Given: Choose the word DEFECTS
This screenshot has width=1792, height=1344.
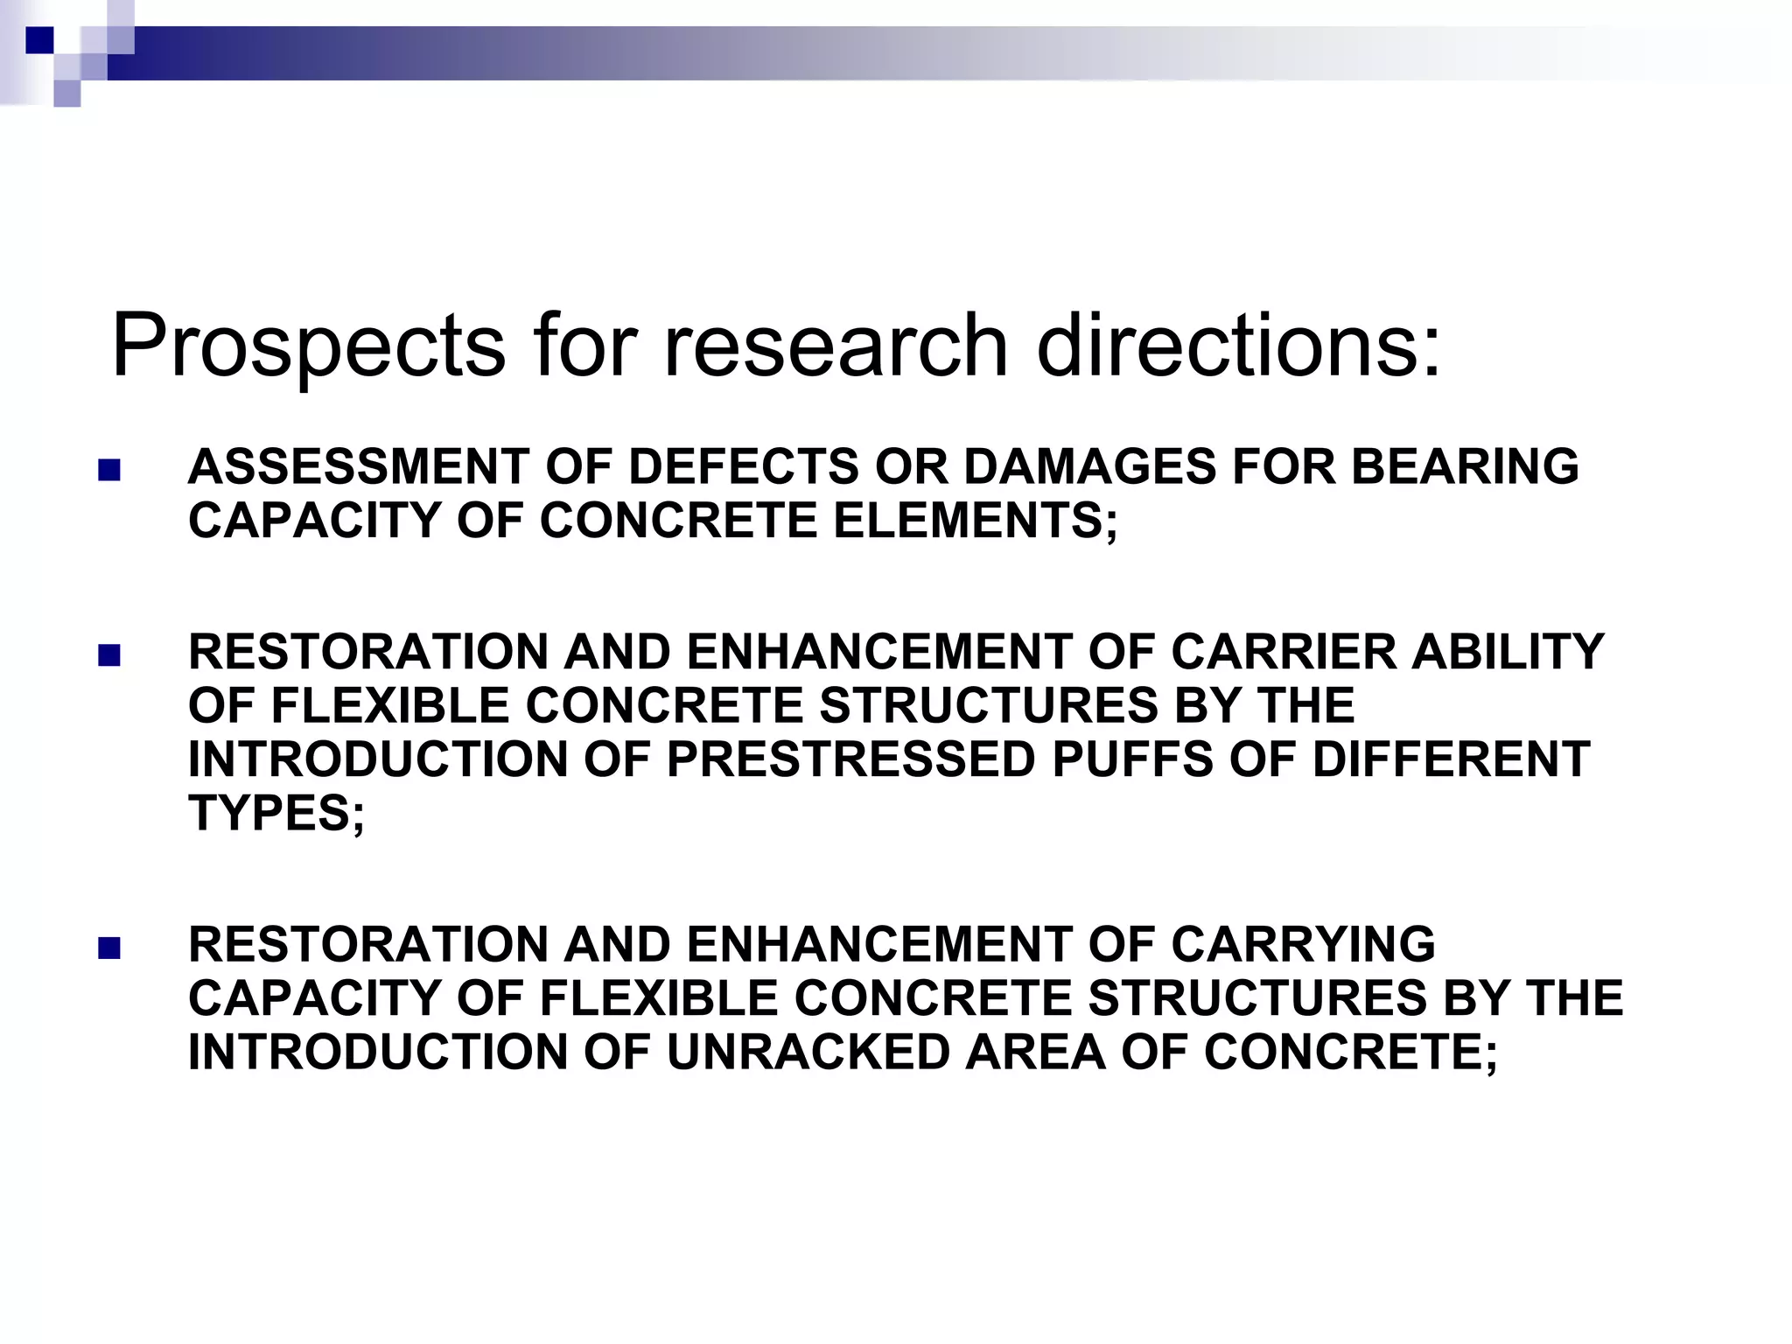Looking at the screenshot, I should click(x=744, y=466).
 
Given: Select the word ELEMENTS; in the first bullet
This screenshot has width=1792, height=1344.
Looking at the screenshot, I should click(x=975, y=521).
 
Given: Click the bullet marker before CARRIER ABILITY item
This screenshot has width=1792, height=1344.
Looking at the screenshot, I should click(x=108, y=656).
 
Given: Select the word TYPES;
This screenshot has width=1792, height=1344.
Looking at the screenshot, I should click(x=276, y=814).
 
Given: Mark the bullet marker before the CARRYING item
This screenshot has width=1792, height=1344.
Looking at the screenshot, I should click(x=108, y=948).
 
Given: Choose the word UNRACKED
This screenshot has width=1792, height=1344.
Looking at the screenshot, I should click(x=808, y=1052).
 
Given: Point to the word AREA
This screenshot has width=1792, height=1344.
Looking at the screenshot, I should click(x=1034, y=1052).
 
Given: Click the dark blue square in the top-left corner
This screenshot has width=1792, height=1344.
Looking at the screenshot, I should click(x=39, y=39).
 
